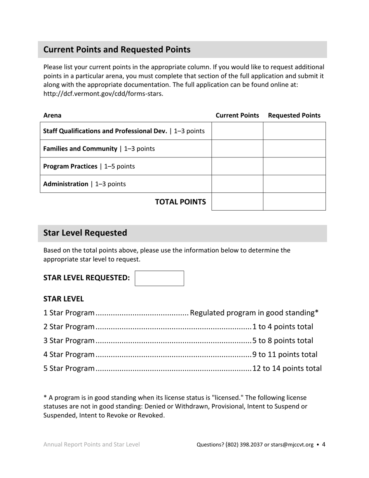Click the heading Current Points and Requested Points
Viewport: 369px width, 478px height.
[117, 50]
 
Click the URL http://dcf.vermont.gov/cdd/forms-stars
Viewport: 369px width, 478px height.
[103, 94]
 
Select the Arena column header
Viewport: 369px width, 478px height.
[52, 115]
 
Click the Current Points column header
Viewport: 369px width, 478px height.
[237, 115]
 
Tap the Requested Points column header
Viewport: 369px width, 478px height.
[294, 115]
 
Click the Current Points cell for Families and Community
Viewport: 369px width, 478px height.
[237, 148]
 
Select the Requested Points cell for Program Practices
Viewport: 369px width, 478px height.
[294, 166]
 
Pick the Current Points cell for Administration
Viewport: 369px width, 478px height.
[237, 184]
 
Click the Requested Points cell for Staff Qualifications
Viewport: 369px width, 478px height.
[294, 131]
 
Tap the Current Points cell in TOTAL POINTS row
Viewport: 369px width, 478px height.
[237, 202]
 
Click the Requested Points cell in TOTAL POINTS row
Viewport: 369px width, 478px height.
[294, 202]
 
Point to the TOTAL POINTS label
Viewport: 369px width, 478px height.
[180, 202]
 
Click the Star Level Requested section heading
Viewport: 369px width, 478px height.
[85, 233]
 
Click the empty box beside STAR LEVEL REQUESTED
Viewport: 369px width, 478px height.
[159, 278]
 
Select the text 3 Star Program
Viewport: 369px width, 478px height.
[69, 341]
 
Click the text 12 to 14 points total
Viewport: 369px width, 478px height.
[287, 368]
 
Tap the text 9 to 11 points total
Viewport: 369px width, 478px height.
[285, 354]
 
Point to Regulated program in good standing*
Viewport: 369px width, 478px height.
[254, 313]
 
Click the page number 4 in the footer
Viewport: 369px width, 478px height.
[324, 445]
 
